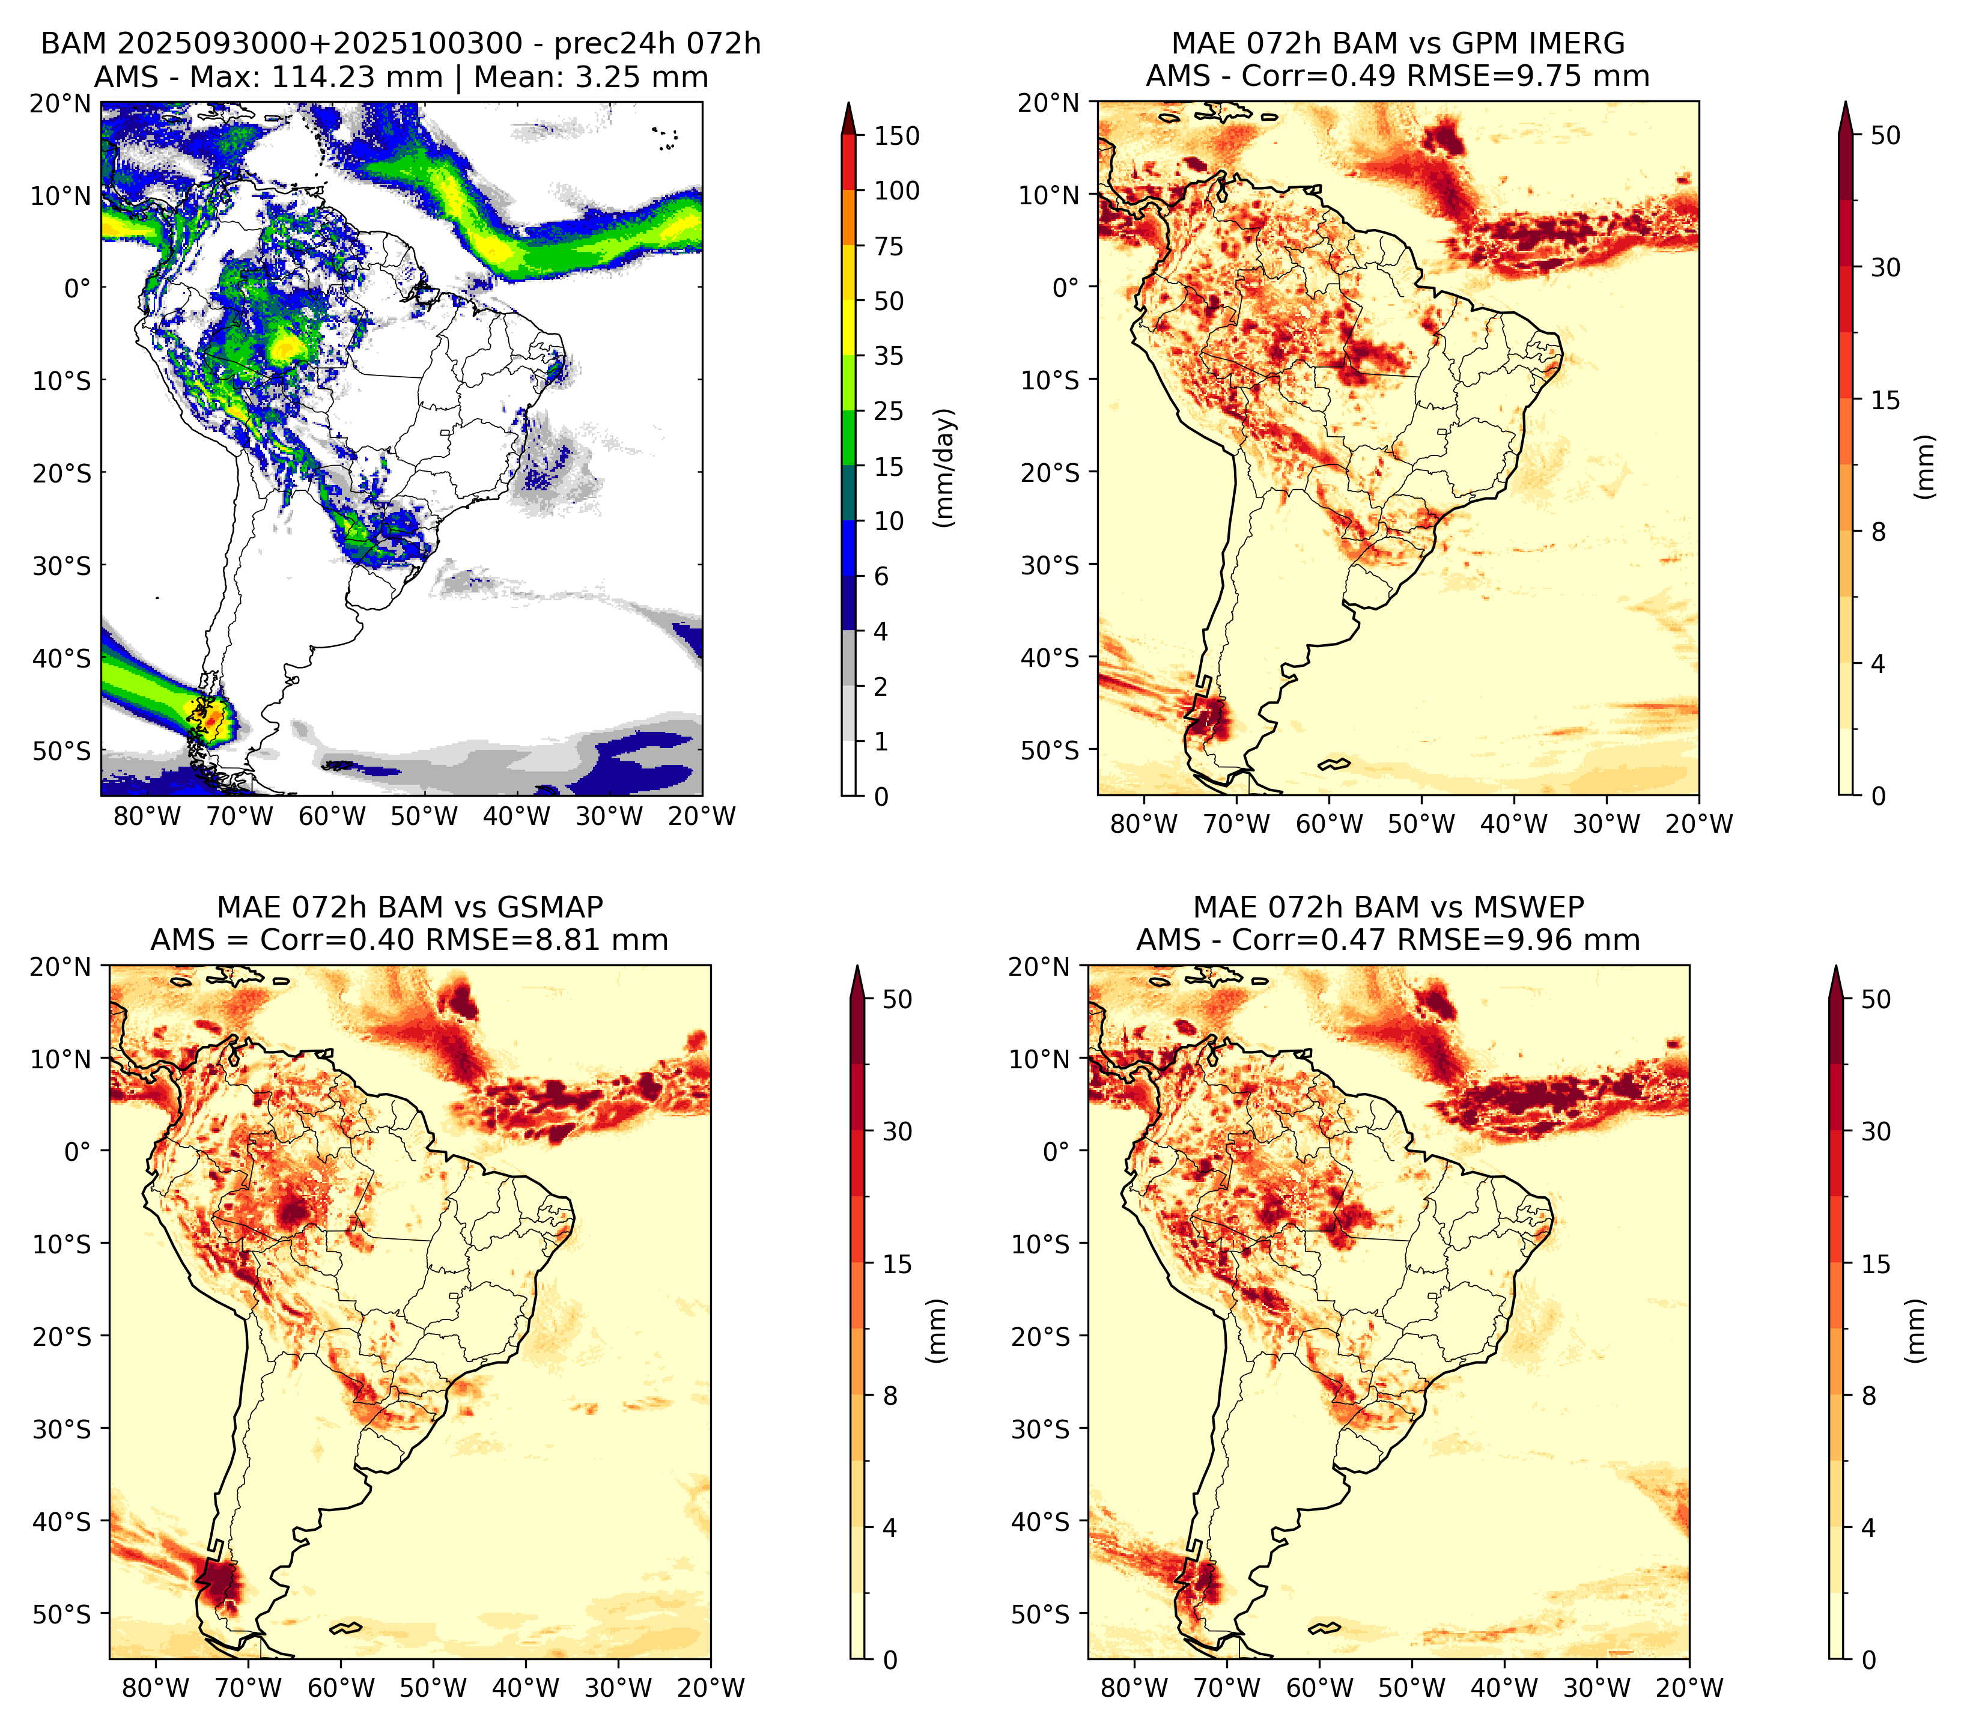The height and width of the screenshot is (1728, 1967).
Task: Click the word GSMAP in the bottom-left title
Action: click(x=550, y=907)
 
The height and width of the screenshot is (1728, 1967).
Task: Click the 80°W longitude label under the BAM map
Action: click(x=147, y=817)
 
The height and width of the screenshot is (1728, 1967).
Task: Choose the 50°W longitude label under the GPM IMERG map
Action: click(x=1421, y=824)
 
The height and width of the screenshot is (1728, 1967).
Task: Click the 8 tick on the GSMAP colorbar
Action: click(x=890, y=1396)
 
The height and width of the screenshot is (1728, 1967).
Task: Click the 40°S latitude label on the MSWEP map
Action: click(x=1041, y=1522)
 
